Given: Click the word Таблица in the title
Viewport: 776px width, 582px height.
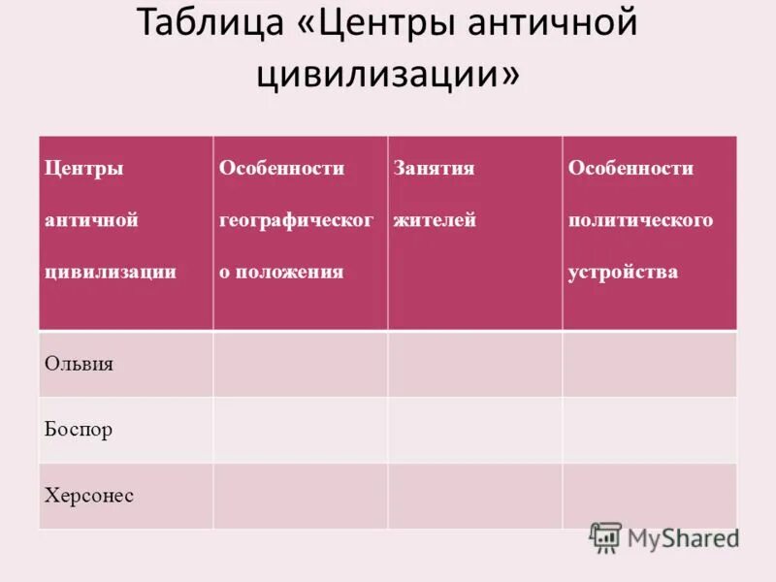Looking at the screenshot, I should click(x=204, y=24).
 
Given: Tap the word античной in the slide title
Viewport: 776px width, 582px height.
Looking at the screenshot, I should click(x=548, y=24).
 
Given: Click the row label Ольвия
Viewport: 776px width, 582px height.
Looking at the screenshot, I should click(x=80, y=364).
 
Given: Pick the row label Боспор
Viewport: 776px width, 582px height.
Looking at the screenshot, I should click(x=79, y=430).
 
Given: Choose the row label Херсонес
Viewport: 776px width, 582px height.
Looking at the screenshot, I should click(x=89, y=496).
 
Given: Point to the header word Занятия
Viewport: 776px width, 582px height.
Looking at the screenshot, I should click(x=434, y=168).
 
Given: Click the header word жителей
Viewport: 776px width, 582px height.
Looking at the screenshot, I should click(x=435, y=220).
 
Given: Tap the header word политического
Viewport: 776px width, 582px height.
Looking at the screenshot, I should click(x=640, y=220).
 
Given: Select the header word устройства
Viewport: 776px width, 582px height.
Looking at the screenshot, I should click(x=623, y=272).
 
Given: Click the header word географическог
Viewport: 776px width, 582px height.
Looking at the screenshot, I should click(x=296, y=220).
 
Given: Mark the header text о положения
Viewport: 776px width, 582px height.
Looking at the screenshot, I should click(x=281, y=272).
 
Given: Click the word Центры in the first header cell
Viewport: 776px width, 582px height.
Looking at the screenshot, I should click(x=84, y=168).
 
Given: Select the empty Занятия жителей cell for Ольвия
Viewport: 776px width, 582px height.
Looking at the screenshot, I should click(x=475, y=364).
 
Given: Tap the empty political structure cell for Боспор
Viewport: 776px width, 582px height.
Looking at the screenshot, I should click(x=649, y=430).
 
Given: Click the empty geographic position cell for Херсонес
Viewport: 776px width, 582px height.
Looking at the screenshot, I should click(x=301, y=496).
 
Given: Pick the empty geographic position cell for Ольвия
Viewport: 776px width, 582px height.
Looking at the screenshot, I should click(x=301, y=364).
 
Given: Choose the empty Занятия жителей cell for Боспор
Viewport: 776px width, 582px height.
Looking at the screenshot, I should click(x=475, y=430).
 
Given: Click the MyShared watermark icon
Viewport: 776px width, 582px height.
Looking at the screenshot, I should click(x=605, y=537).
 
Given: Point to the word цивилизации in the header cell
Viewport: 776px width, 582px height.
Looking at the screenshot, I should click(x=111, y=272).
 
